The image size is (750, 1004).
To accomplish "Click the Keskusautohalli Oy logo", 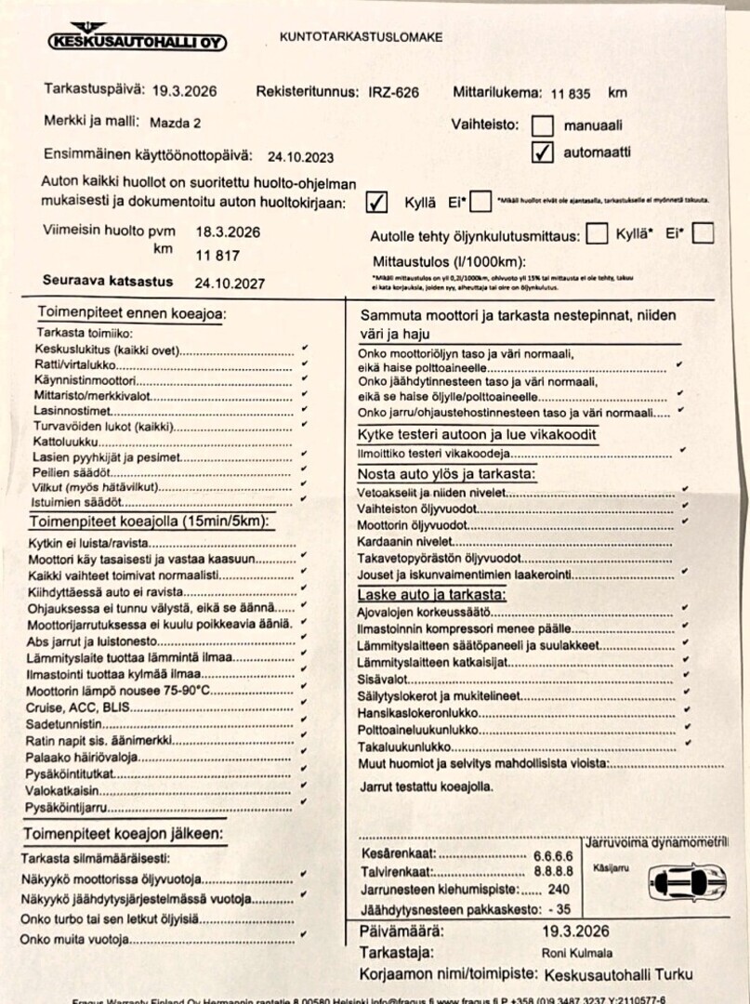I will click(137, 40).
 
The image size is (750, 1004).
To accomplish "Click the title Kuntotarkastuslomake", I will click(361, 37).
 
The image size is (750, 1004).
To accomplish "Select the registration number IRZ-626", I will click(393, 92).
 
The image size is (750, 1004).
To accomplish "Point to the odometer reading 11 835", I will click(571, 93).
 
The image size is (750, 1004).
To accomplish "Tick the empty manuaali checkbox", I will click(542, 125).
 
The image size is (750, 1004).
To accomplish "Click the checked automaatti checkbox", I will click(542, 152).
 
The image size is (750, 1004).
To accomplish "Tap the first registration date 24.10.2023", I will click(300, 157).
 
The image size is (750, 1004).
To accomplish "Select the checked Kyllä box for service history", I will click(376, 202).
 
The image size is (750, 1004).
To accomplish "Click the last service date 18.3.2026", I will click(228, 231).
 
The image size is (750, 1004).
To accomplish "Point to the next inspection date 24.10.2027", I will click(230, 283).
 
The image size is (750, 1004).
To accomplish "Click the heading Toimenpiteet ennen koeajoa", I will click(131, 313).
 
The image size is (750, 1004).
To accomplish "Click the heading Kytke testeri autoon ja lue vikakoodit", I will click(477, 435).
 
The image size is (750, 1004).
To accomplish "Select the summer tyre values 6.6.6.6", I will click(552, 855).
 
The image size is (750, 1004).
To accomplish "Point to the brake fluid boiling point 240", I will click(559, 890).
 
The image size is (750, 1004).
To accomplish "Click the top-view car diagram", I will click(688, 880).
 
